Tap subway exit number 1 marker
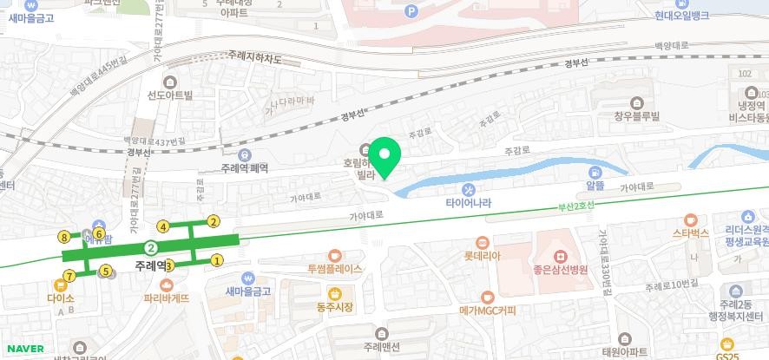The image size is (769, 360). pyautogui.click(x=218, y=259)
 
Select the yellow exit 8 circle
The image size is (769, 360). pyautogui.click(x=63, y=236)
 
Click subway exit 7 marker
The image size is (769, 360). pyautogui.click(x=69, y=278)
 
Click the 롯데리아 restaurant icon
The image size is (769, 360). pyautogui.click(x=481, y=242)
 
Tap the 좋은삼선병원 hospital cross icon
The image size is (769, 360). pyautogui.click(x=561, y=257)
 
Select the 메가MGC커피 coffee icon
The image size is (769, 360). pyautogui.click(x=488, y=297)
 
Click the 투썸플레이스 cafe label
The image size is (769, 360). pyautogui.click(x=334, y=269)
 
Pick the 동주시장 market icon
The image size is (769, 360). pyautogui.click(x=321, y=292)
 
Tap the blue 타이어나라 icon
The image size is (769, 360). pyautogui.click(x=469, y=190)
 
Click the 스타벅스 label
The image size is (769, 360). pyautogui.click(x=691, y=233)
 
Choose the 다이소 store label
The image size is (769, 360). pyautogui.click(x=61, y=298)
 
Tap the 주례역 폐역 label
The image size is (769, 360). pyautogui.click(x=245, y=167)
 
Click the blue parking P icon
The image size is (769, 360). pyautogui.click(x=411, y=10)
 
